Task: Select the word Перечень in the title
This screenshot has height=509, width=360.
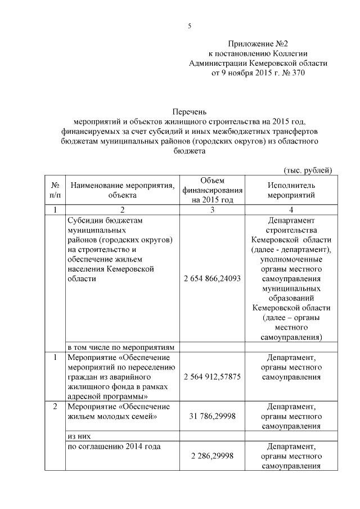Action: pyautogui.click(x=190, y=112)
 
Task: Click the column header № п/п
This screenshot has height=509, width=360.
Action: pyautogui.click(x=55, y=190)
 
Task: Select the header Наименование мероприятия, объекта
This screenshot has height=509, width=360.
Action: pyautogui.click(x=121, y=190)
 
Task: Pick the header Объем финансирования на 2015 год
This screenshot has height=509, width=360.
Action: pyautogui.click(x=212, y=190)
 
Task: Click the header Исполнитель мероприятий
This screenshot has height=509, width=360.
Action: pyautogui.click(x=291, y=190)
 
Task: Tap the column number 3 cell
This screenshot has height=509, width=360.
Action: pyautogui.click(x=212, y=210)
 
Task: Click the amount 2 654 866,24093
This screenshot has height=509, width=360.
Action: pyautogui.click(x=212, y=278)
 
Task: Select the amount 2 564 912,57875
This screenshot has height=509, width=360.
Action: pyautogui.click(x=212, y=376)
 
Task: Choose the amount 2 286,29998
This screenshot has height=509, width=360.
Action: pyautogui.click(x=212, y=457)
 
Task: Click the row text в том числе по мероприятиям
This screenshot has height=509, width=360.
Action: pyautogui.click(x=122, y=346)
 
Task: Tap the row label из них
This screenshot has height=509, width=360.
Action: pyautogui.click(x=79, y=436)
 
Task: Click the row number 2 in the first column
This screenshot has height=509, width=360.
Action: pyautogui.click(x=55, y=406)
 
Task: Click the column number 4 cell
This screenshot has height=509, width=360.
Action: pyautogui.click(x=291, y=210)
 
